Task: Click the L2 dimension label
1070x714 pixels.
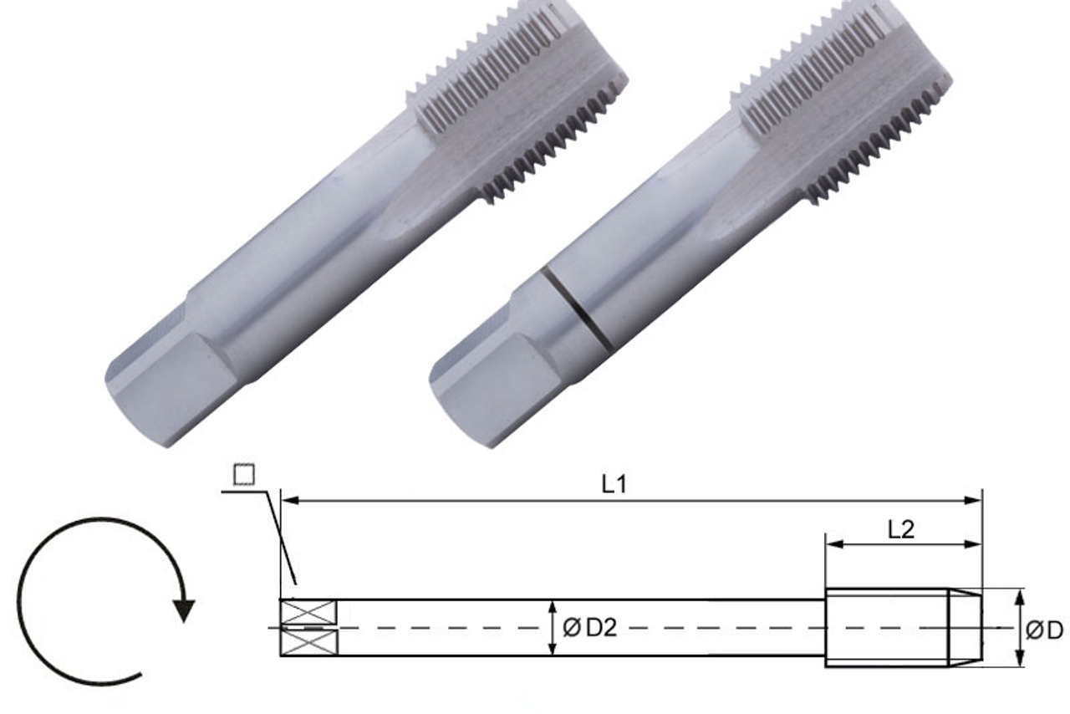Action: [900, 529]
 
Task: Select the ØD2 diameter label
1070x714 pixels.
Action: [589, 627]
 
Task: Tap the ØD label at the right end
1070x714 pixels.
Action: [1044, 629]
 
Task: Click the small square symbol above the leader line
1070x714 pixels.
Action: [243, 475]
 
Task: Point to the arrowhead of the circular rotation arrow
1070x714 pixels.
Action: [183, 609]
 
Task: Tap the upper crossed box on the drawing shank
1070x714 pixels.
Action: [308, 613]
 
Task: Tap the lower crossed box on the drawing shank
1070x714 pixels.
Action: [308, 642]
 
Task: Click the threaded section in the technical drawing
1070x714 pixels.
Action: [886, 627]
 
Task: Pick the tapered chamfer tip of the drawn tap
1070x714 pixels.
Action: [965, 627]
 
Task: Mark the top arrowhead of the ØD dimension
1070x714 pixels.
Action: [1020, 596]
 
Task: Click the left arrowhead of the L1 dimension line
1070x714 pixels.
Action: [288, 501]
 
